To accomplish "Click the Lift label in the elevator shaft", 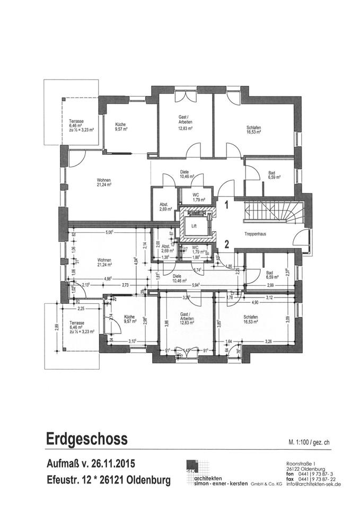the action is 194,225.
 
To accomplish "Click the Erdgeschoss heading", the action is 86,440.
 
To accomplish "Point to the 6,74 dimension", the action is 197,269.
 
